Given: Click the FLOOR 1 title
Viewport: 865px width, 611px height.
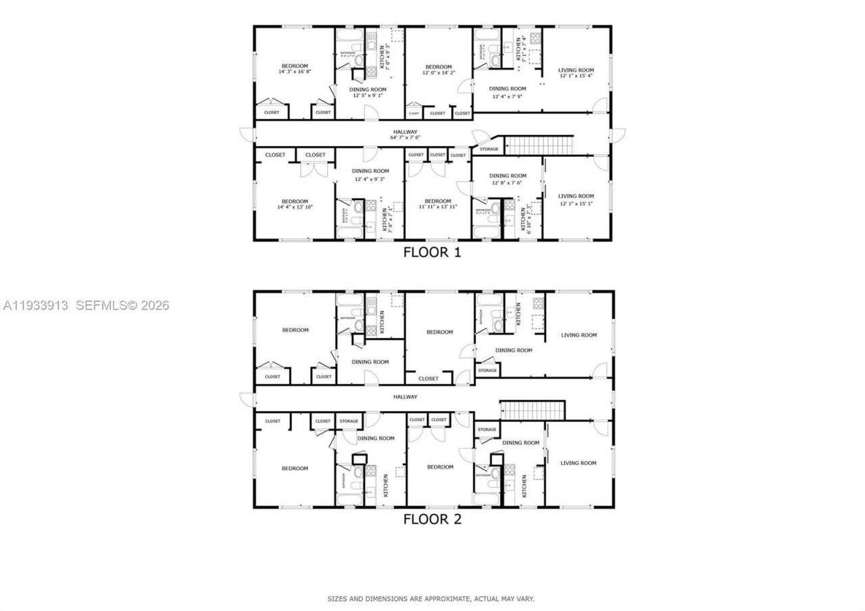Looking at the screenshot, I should click(432, 252).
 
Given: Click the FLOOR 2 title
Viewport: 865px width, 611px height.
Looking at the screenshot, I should click(432, 519).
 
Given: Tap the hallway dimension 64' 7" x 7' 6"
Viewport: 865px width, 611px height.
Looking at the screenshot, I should click(405, 137).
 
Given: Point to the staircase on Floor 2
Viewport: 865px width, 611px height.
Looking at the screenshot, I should click(532, 410).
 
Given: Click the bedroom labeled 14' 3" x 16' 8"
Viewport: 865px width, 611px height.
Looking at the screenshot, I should click(294, 68).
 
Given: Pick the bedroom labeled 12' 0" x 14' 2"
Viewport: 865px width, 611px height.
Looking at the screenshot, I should click(438, 70).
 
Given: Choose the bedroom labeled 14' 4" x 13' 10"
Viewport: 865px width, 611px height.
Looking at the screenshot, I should click(295, 204).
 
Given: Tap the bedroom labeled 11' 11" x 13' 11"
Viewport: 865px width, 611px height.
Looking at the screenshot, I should click(437, 204).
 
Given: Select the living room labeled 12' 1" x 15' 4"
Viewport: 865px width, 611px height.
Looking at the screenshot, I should click(576, 73).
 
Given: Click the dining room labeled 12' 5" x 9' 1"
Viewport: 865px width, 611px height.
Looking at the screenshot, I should click(368, 93).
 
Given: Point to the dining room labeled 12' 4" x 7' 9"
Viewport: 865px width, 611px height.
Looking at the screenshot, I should click(507, 92).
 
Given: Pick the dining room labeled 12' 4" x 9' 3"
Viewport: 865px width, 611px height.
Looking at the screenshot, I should click(370, 175).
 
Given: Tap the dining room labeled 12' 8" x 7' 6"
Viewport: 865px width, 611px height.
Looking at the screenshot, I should click(508, 179).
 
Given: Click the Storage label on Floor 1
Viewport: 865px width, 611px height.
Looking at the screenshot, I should click(489, 149).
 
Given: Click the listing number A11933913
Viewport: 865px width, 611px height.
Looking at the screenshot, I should click(35, 305).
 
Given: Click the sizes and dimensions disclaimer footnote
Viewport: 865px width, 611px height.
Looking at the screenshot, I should click(431, 599).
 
